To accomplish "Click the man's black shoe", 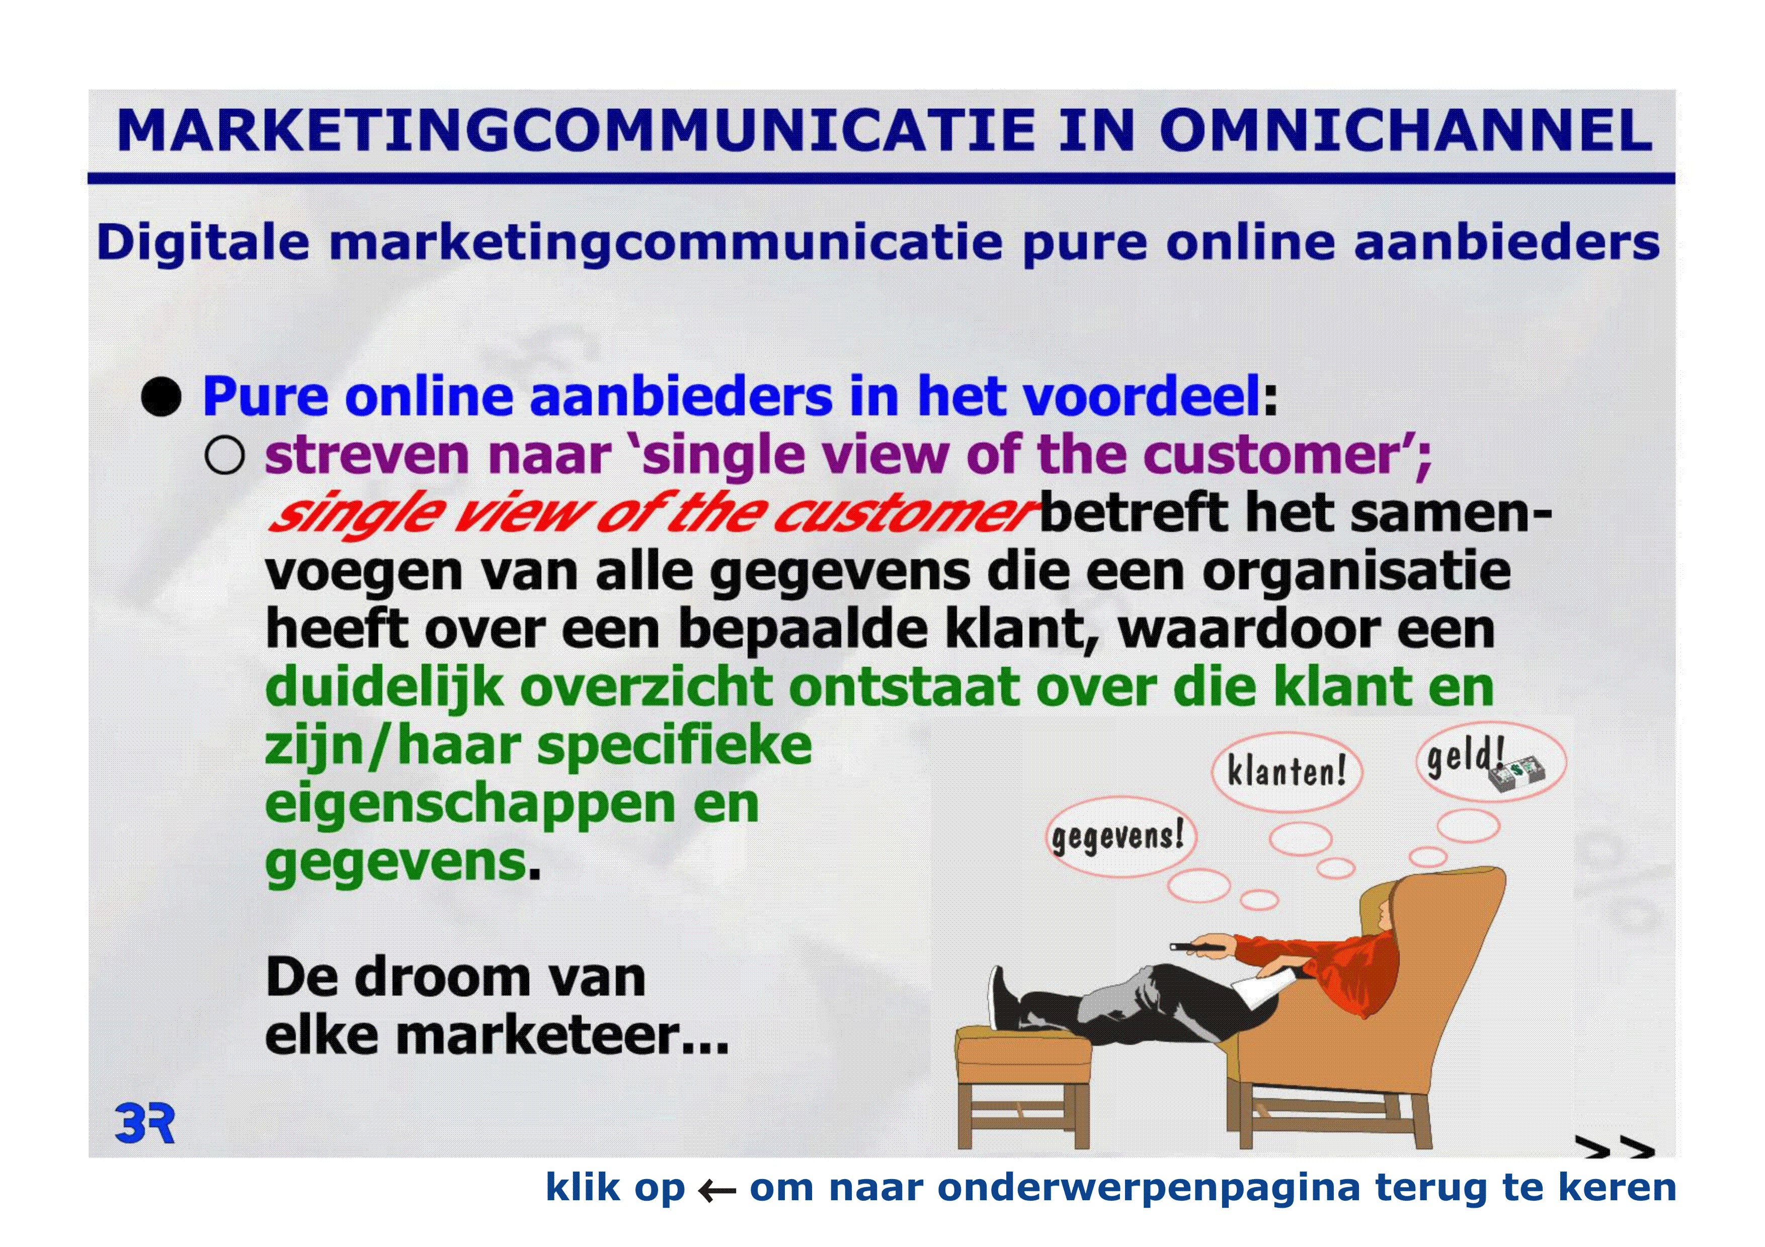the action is pos(1004,997).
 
